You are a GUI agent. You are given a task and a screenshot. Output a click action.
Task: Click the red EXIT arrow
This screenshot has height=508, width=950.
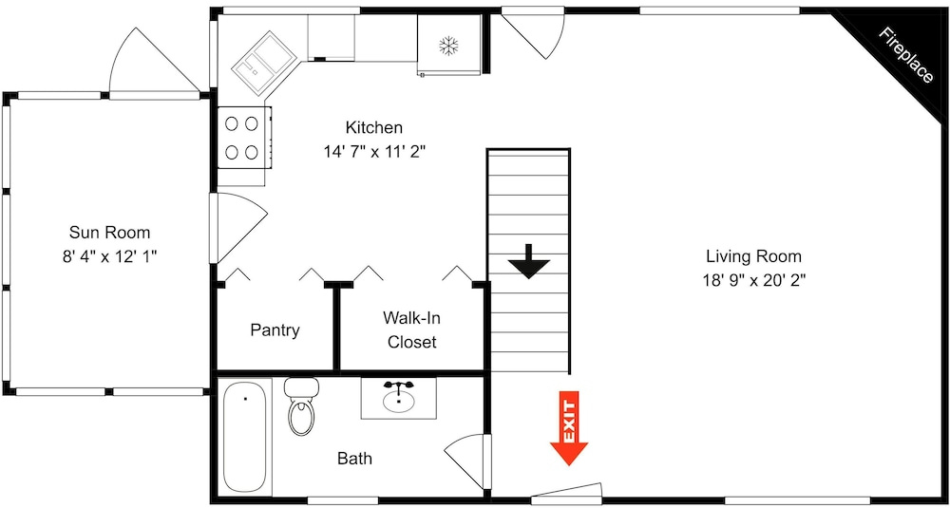(569, 428)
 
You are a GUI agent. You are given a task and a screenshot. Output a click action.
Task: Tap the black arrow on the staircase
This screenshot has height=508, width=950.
(528, 261)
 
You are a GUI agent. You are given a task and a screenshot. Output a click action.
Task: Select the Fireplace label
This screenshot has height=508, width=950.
(905, 56)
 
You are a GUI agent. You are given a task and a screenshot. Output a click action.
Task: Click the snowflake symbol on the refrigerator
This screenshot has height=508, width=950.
(448, 46)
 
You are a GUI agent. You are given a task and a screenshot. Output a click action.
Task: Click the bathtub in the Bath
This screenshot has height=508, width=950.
(245, 437)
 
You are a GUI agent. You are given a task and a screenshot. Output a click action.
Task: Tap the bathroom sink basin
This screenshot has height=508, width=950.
(399, 400)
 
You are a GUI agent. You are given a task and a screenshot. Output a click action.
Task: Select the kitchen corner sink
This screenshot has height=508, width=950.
(264, 63)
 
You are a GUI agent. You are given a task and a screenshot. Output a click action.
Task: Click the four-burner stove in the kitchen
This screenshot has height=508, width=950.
(242, 138)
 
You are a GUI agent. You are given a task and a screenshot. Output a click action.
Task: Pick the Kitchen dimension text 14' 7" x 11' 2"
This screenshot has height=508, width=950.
(373, 151)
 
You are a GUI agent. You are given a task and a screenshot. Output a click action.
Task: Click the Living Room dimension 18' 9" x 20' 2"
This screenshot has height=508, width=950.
(754, 280)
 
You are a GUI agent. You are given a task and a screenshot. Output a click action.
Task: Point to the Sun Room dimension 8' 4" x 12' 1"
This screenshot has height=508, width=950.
(109, 256)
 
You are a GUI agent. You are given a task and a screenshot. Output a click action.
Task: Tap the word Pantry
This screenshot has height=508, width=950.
(275, 330)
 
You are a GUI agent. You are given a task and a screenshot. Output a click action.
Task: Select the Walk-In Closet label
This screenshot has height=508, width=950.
(411, 330)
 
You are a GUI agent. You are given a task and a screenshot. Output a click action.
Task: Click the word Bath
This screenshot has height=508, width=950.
(355, 459)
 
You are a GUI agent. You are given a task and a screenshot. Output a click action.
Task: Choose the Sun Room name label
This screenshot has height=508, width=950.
(109, 232)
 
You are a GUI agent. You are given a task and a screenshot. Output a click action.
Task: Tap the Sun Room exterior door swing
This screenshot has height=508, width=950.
(154, 62)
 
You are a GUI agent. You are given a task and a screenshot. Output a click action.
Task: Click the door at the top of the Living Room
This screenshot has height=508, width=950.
(534, 34)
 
